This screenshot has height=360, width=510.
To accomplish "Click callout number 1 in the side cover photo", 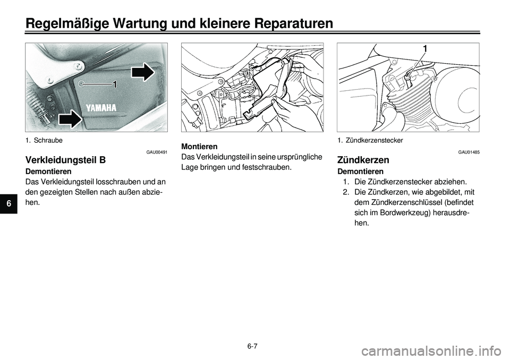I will pyautogui.click(x=114, y=85).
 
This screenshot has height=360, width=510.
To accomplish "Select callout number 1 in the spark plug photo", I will pyautogui.click(x=425, y=49).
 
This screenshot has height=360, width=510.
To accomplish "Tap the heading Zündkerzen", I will pyautogui.click(x=363, y=160).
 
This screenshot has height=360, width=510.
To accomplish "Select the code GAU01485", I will pyautogui.click(x=469, y=152).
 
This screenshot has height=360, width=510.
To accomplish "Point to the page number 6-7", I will pyautogui.click(x=252, y=346).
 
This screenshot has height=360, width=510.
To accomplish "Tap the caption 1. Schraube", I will pyautogui.click(x=44, y=141).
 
